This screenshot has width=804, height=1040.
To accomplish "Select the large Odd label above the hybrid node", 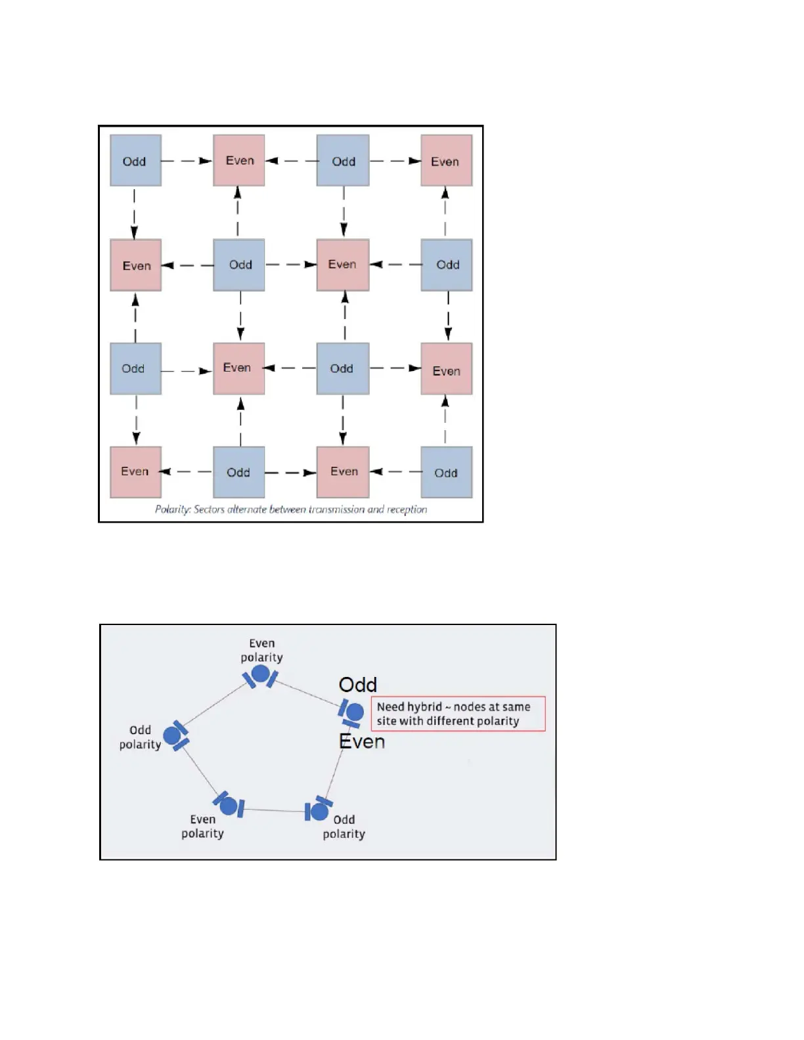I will click(358, 685).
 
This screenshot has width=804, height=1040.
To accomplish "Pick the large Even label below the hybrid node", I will click(362, 742).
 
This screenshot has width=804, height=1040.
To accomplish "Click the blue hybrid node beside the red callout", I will click(354, 712).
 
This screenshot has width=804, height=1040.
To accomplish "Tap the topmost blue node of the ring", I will click(261, 674).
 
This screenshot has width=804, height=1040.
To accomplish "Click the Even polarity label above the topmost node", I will click(261, 651).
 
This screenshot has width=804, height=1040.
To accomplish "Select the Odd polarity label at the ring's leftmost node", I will click(140, 737).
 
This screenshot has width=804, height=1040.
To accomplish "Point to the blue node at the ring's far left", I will click(173, 735).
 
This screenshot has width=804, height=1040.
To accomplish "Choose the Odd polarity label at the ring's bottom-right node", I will click(344, 827).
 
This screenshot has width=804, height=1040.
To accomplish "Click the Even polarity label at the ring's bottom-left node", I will click(202, 827).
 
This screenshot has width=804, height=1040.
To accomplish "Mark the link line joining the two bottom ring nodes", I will click(275, 810).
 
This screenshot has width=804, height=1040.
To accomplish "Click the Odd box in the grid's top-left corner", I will click(135, 161).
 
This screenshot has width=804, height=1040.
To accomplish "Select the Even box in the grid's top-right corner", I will click(446, 161).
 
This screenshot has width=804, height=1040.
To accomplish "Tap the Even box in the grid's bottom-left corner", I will click(135, 472).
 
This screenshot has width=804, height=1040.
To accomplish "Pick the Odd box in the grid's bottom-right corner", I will click(446, 473).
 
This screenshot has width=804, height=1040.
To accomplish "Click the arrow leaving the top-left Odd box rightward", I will click(187, 161).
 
